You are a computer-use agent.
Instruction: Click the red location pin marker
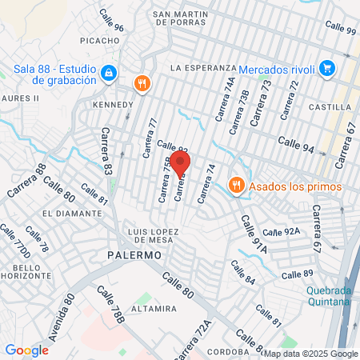pos(182,164)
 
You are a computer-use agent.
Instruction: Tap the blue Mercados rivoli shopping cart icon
pos(326,69)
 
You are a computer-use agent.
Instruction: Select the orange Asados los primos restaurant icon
pos(236,186)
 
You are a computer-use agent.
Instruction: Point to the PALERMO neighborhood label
pos(134,254)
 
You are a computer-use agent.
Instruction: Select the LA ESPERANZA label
pos(204,68)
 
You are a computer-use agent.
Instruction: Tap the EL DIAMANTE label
pos(70,214)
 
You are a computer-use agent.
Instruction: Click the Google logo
pos(26,350)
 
